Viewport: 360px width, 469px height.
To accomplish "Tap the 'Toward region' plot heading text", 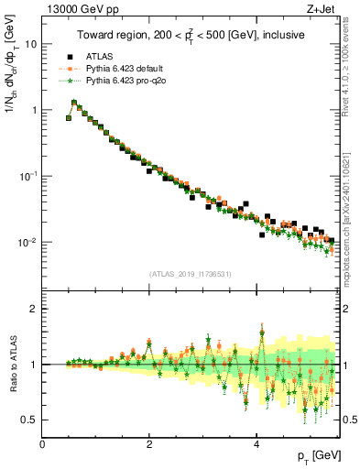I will (191, 36).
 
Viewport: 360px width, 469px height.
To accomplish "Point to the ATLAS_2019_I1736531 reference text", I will (191, 273).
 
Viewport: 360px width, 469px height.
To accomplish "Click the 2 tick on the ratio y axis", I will (34, 309).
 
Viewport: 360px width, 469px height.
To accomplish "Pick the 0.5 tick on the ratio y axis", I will (29, 420).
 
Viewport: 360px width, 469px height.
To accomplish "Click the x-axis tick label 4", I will (256, 443).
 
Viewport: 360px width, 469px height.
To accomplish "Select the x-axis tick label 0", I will (43, 443).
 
